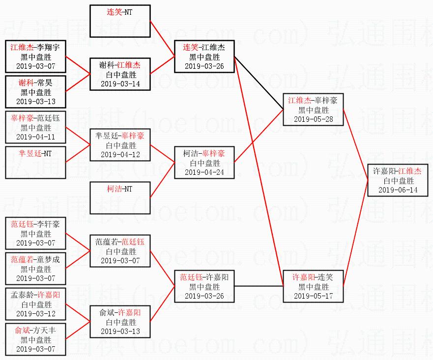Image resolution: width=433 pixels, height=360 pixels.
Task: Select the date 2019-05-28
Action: [x=313, y=119]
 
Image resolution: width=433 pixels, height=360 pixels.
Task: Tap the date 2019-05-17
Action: [x=313, y=296]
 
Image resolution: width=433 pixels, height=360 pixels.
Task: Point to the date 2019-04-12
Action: [x=120, y=154]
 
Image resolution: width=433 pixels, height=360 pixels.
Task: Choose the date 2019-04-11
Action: [x=35, y=137]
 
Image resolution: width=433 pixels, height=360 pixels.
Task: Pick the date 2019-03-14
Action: [x=120, y=83]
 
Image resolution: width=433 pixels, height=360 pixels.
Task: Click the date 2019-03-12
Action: [x=35, y=313]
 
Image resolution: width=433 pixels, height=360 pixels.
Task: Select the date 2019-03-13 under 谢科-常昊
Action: [x=35, y=102]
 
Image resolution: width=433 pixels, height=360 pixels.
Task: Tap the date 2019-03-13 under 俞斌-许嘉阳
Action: [x=120, y=331]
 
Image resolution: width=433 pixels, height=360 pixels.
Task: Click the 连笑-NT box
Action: [x=120, y=21]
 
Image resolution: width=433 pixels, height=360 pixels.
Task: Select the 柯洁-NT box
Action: [x=120, y=197]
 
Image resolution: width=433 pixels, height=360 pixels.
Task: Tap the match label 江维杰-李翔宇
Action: [x=35, y=47]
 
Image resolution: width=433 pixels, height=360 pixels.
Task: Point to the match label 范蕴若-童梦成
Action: [x=35, y=259]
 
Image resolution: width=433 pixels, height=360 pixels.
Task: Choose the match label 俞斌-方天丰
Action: [x=35, y=331]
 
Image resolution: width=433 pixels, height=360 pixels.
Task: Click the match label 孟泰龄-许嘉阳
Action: [x=35, y=295]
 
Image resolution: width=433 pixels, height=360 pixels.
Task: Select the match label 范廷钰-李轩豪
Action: [x=35, y=224]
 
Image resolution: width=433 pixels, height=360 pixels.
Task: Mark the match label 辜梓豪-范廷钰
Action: [x=35, y=118]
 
